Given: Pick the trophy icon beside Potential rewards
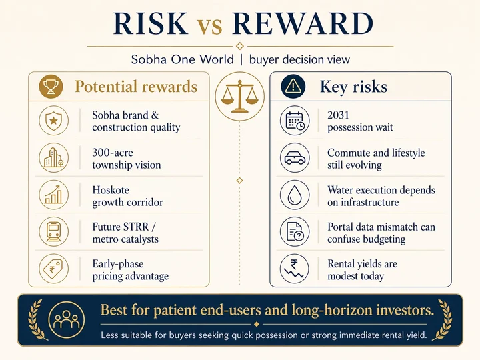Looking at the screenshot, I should click(x=51, y=87).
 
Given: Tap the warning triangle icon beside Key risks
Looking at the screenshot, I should click(x=294, y=87).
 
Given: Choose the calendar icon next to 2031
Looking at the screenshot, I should click(x=295, y=121).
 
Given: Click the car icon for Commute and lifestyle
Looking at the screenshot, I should click(x=295, y=158).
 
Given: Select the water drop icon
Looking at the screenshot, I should click(x=295, y=195).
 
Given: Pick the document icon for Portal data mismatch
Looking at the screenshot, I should click(x=295, y=233).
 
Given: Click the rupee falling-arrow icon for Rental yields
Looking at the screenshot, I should click(x=295, y=269).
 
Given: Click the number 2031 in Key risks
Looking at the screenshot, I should click(x=339, y=115).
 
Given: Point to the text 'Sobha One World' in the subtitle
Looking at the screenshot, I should click(x=183, y=59).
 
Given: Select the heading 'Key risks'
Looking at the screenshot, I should click(x=353, y=87).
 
